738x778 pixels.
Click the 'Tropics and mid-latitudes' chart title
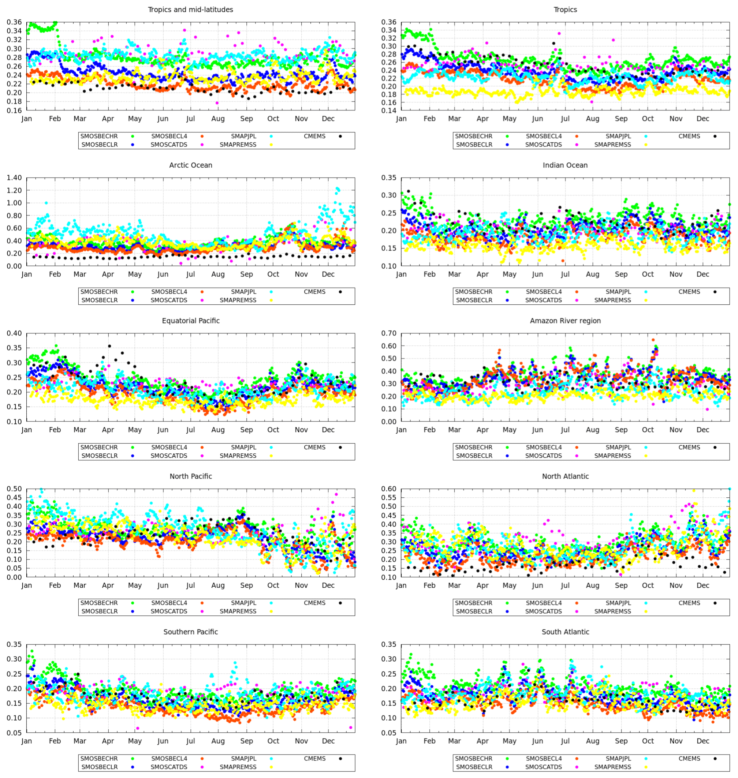(x=190, y=10)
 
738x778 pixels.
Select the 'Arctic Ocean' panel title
(x=190, y=165)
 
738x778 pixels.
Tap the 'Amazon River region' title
(x=565, y=321)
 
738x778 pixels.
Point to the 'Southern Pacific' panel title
(x=190, y=632)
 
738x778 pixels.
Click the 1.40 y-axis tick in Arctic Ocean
(x=14, y=178)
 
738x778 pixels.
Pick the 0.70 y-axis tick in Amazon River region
(x=389, y=333)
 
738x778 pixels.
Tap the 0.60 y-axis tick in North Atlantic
(x=389, y=489)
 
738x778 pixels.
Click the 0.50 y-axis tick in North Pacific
(x=14, y=489)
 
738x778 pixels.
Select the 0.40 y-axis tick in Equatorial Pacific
(x=14, y=333)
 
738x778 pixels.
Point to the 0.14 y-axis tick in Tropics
(x=389, y=111)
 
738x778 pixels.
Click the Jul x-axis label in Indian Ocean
(x=565, y=274)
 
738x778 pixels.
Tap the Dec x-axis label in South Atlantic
(x=702, y=741)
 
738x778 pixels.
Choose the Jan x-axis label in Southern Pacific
(x=27, y=741)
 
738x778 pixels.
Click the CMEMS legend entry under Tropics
(x=689, y=136)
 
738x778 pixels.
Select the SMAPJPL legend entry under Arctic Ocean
(x=243, y=292)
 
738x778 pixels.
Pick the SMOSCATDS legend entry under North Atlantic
(x=544, y=611)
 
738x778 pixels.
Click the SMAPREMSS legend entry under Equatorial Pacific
(x=238, y=456)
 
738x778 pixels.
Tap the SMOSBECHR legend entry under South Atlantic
(x=474, y=758)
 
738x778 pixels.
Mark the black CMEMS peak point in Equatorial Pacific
(x=109, y=346)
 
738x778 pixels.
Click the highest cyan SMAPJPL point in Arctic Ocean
(x=337, y=189)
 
